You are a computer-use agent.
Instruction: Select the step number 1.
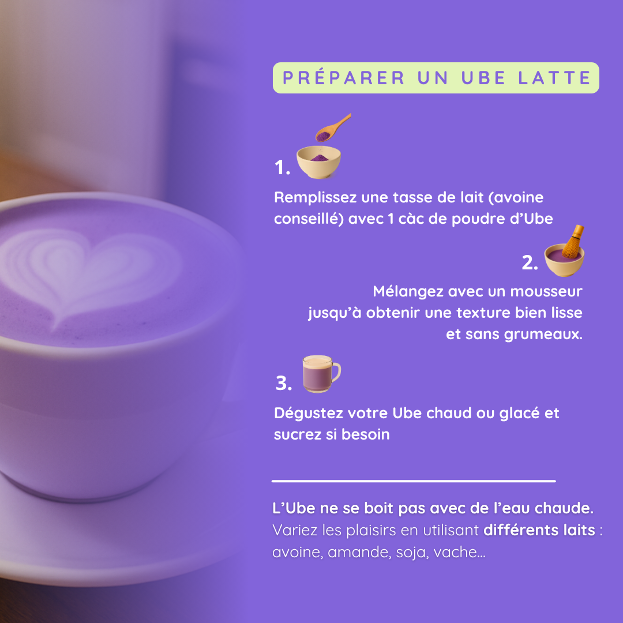tap(282, 168)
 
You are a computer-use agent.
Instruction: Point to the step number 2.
tap(530, 262)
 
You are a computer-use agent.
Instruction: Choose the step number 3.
tap(283, 383)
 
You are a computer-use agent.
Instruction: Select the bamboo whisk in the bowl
tap(571, 242)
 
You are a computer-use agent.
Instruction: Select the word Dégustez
tap(309, 414)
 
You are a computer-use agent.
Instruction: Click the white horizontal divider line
tap(414, 481)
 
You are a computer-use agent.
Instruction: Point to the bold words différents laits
tap(539, 530)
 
